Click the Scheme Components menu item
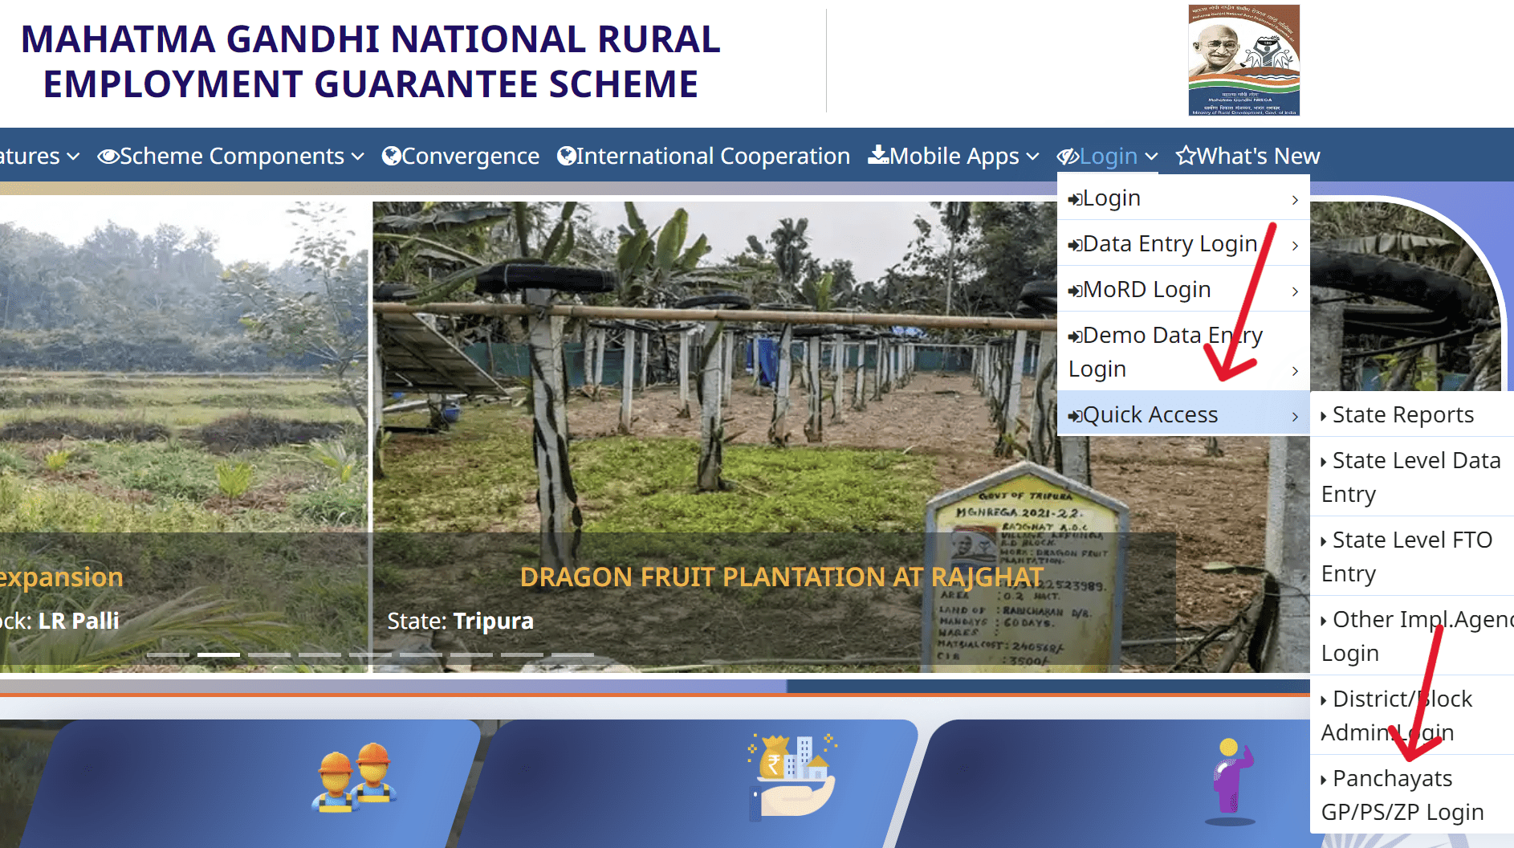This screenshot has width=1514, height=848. pyautogui.click(x=231, y=156)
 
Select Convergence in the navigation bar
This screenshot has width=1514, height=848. pyautogui.click(x=461, y=156)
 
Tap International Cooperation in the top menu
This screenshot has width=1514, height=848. pyautogui.click(x=703, y=156)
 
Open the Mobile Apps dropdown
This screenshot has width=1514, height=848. pyautogui.click(x=954, y=156)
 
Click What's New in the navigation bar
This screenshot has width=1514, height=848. pyautogui.click(x=1248, y=156)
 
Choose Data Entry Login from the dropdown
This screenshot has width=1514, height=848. pyautogui.click(x=1169, y=243)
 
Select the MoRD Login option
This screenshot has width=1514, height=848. pyautogui.click(x=1146, y=289)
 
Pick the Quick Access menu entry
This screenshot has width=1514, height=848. pyautogui.click(x=1150, y=414)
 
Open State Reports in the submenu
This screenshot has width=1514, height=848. pyautogui.click(x=1402, y=414)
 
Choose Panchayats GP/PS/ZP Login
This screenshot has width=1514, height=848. pyautogui.click(x=1402, y=795)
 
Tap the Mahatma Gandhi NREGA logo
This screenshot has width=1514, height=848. pyautogui.click(x=1243, y=60)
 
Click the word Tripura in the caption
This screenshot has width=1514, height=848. pyautogui.click(x=493, y=621)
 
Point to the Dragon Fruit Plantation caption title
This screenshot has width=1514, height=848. pyautogui.click(x=781, y=577)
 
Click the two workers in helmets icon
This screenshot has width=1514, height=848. pyautogui.click(x=354, y=777)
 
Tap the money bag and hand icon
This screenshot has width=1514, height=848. pyautogui.click(x=792, y=776)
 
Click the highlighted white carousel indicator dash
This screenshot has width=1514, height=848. pyautogui.click(x=218, y=655)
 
